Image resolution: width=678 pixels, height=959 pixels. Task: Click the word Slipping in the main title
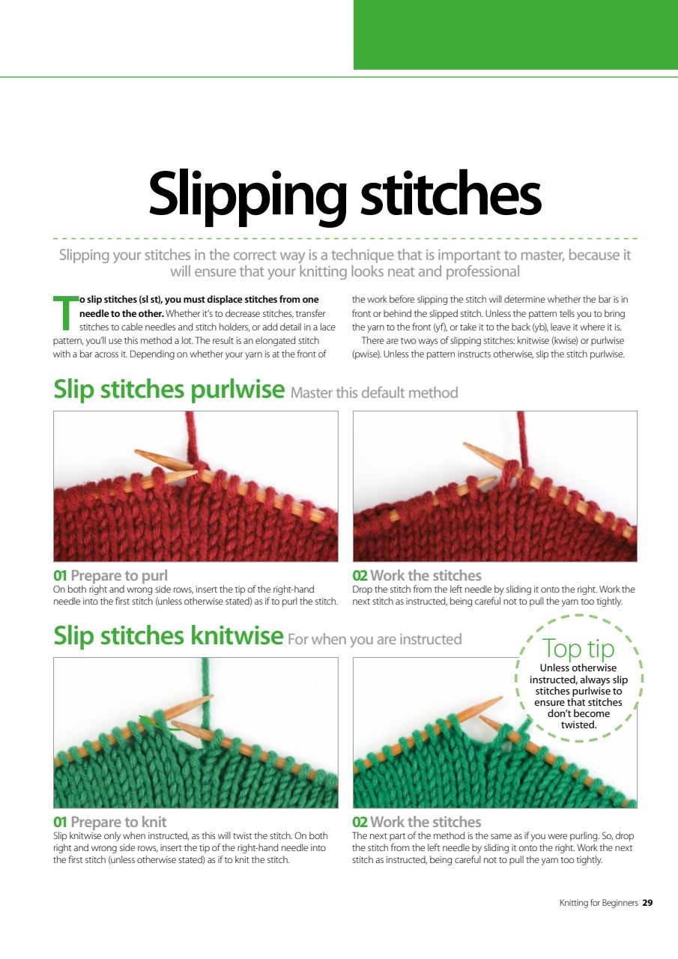(x=247, y=196)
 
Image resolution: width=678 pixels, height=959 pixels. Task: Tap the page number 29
(x=647, y=903)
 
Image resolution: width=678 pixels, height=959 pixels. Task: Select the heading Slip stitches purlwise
(x=169, y=390)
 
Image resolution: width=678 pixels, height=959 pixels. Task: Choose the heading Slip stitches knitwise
(x=169, y=636)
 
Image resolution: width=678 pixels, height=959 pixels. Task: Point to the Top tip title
(x=578, y=649)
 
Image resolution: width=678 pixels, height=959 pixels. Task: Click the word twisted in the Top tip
(x=578, y=724)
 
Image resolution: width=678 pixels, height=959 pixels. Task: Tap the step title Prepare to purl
(x=119, y=576)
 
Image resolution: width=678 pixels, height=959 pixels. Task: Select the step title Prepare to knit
(x=118, y=822)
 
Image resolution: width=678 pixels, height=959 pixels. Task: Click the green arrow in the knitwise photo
(x=157, y=723)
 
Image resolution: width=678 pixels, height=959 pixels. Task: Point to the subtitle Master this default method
(x=374, y=393)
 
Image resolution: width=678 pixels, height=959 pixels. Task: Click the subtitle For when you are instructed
(x=375, y=639)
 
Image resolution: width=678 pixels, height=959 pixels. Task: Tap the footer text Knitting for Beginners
(x=599, y=903)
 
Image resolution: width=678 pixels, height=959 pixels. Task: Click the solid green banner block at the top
(x=515, y=34)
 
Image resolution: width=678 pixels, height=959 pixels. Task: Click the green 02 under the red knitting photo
(x=360, y=576)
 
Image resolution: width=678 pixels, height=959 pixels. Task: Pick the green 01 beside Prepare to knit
(x=60, y=822)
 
